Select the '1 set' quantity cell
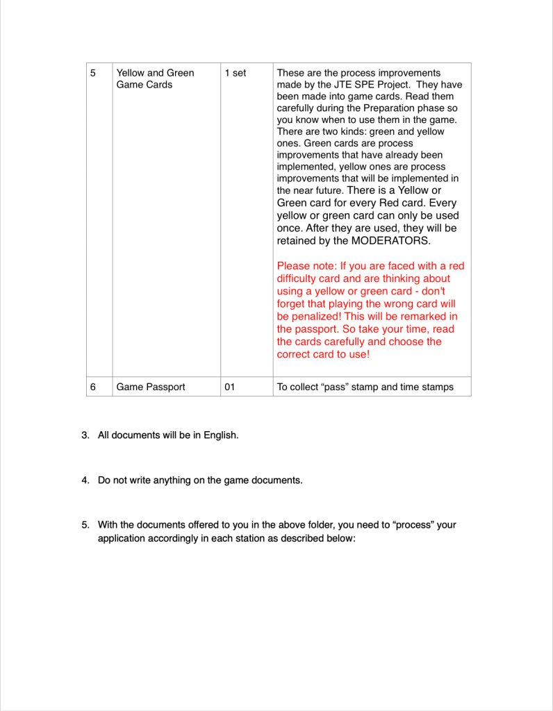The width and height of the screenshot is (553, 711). [x=236, y=73]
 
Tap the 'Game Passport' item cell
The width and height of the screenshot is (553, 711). [x=151, y=387]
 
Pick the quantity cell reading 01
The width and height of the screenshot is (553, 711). [x=230, y=387]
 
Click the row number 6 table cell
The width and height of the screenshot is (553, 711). [x=93, y=387]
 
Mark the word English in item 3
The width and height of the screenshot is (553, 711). [x=220, y=435]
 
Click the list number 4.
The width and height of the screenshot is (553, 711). [x=85, y=480]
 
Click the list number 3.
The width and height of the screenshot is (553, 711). [x=85, y=435]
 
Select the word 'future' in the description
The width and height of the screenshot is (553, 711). [x=327, y=190]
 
